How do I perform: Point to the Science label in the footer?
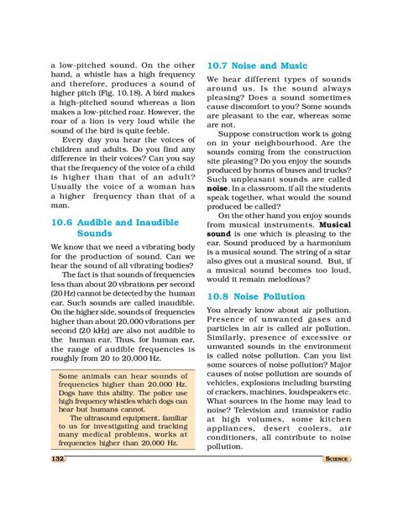click(336, 458)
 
